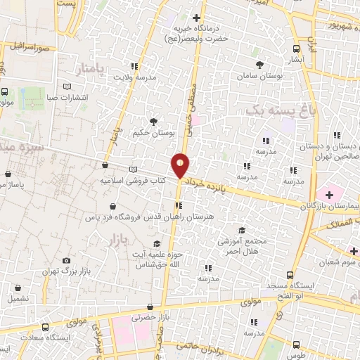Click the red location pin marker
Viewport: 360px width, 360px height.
pyautogui.click(x=181, y=165)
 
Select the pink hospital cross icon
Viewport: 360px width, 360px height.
pyautogui.click(x=328, y=192)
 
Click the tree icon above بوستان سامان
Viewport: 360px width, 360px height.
pyautogui.click(x=259, y=63)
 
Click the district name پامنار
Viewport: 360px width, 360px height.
pyautogui.click(x=91, y=70)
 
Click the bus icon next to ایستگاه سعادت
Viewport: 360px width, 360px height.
pyautogui.click(x=46, y=327)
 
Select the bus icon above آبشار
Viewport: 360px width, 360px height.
pyautogui.click(x=296, y=49)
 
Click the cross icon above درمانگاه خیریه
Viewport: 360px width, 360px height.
pyautogui.click(x=195, y=18)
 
